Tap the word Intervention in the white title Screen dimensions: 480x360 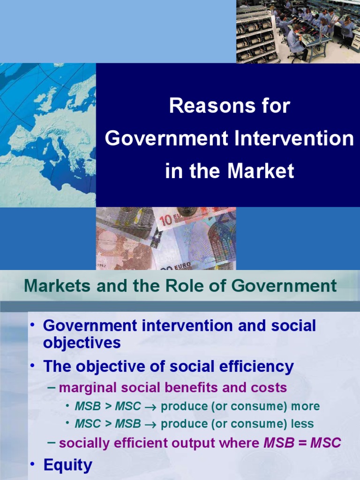(x=298, y=139)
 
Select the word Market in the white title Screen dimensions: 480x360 (x=261, y=171)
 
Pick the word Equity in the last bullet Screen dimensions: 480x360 (x=68, y=465)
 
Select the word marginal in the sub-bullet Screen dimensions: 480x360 (x=89, y=388)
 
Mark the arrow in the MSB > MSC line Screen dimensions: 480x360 (x=151, y=407)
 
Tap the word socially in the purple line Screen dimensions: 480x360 (x=83, y=442)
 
